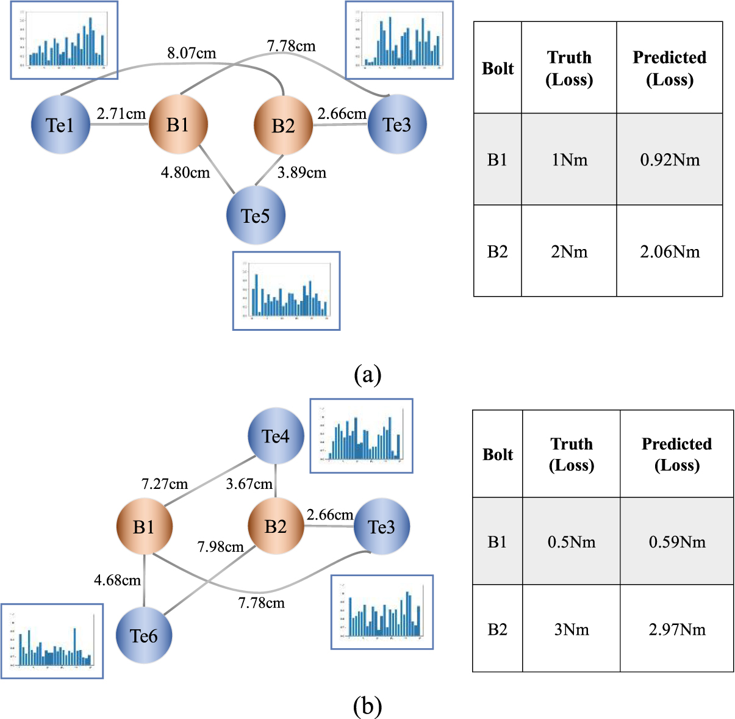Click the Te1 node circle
point(60,125)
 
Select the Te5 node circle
point(256,216)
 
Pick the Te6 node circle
point(144,636)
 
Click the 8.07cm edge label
point(192,54)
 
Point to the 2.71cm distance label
point(121,114)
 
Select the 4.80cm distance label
point(185,173)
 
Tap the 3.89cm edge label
point(301,173)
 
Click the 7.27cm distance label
point(165,484)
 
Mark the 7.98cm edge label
point(220,547)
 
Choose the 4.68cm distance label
point(117,580)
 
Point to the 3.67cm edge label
point(249,484)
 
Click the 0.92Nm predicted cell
point(670,160)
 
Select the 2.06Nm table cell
point(670,251)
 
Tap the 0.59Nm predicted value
point(676,542)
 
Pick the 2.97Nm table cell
point(676,629)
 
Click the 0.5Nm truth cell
point(572,542)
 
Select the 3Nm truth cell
point(572,629)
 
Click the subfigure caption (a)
point(367,374)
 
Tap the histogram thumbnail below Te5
point(286,291)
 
